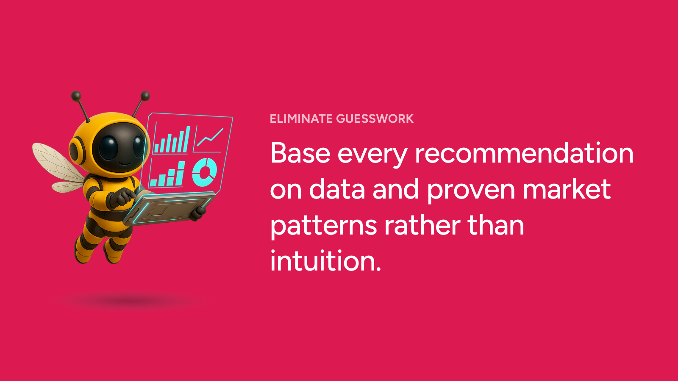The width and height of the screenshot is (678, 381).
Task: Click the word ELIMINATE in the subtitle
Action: point(301,119)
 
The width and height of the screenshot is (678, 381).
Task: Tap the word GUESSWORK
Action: point(375,119)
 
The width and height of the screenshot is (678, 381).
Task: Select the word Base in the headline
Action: point(300,153)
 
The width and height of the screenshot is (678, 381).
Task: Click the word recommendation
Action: point(524,153)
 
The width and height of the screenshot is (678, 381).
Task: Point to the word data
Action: point(337,189)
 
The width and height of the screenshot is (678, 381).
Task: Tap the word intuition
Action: point(325,261)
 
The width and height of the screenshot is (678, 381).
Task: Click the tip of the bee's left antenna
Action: point(76,96)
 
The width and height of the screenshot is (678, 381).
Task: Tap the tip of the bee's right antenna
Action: point(145,96)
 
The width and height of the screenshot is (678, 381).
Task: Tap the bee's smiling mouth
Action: point(125,163)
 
